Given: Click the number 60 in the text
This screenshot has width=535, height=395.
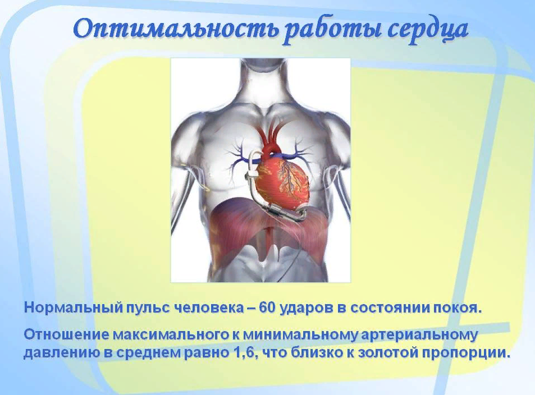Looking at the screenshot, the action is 267,308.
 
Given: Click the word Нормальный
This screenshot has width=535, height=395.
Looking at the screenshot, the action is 73,308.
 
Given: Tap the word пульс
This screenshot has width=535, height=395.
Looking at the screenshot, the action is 148,309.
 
